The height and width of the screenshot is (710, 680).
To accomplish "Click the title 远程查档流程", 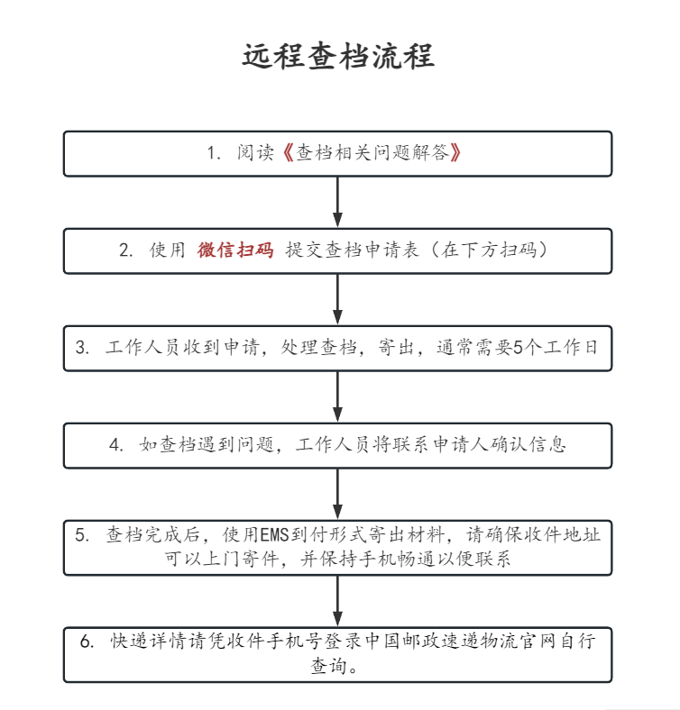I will click(x=338, y=56).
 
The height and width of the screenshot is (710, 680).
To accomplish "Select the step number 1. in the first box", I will click(x=214, y=153).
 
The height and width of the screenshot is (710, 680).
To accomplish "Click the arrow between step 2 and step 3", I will click(x=338, y=299).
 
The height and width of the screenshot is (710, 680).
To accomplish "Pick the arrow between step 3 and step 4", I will click(x=338, y=396).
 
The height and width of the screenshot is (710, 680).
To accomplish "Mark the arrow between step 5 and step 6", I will click(x=338, y=600).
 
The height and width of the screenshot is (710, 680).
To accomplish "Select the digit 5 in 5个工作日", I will click(x=518, y=349).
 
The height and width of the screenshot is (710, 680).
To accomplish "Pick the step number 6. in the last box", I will click(x=87, y=642).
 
